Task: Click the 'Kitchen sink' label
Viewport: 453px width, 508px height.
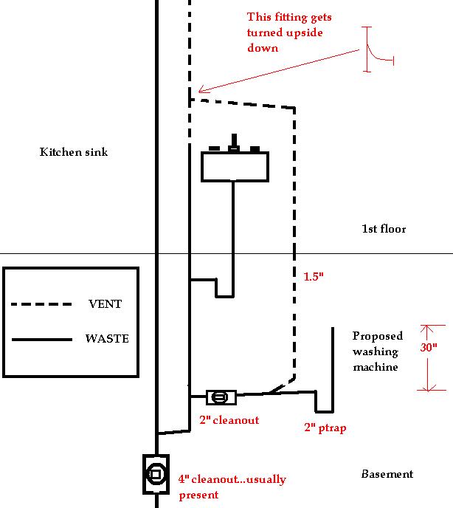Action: pyautogui.click(x=73, y=152)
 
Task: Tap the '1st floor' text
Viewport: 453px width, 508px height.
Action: pyautogui.click(x=384, y=229)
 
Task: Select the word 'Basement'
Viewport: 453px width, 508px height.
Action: pyautogui.click(x=387, y=474)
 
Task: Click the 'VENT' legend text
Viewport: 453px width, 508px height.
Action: pyautogui.click(x=105, y=303)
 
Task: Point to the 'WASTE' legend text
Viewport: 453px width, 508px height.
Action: pyautogui.click(x=108, y=339)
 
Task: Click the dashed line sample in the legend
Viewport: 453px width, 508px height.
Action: pyautogui.click(x=41, y=303)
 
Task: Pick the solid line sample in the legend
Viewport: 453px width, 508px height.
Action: pyautogui.click(x=41, y=340)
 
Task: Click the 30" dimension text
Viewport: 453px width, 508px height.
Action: pyautogui.click(x=429, y=347)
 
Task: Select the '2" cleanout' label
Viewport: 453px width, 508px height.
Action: pyautogui.click(x=229, y=420)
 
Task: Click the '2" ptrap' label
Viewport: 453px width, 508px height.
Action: pyautogui.click(x=325, y=427)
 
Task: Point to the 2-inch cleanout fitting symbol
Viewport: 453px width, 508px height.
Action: pyautogui.click(x=220, y=397)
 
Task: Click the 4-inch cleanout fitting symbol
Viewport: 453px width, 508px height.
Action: pyautogui.click(x=156, y=473)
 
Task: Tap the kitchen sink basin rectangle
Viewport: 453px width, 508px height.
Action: pyautogui.click(x=235, y=166)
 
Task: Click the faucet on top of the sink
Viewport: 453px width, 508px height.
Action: pyautogui.click(x=235, y=143)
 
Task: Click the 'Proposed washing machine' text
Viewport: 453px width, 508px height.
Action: pyautogui.click(x=377, y=351)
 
